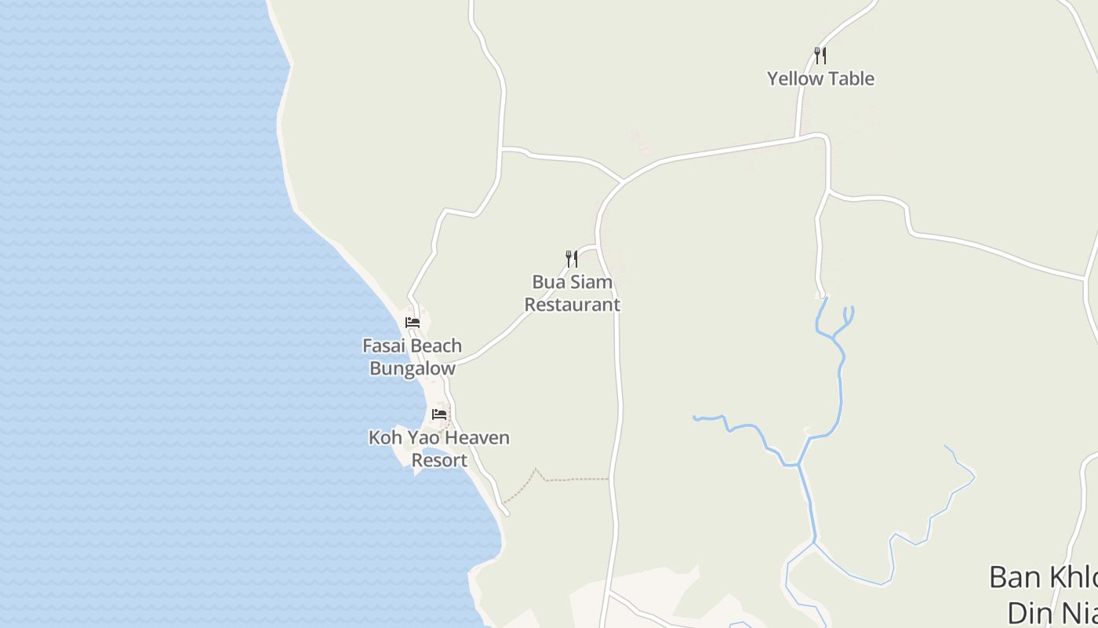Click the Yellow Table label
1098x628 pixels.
(x=820, y=78)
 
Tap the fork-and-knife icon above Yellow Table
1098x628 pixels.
(x=820, y=55)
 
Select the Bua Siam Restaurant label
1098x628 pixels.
(x=573, y=293)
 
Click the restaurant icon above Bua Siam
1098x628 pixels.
(x=573, y=258)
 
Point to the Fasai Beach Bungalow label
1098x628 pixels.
(x=413, y=357)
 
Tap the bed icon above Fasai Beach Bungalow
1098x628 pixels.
(x=413, y=322)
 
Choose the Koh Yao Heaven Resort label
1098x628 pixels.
(x=439, y=449)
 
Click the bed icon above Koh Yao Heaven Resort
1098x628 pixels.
(x=439, y=414)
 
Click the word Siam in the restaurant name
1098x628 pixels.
(x=593, y=282)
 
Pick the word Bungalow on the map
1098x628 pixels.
(x=413, y=369)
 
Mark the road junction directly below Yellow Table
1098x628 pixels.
(x=797, y=139)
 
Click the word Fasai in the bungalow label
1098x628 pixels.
(x=384, y=346)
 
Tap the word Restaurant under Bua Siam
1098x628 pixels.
(x=573, y=305)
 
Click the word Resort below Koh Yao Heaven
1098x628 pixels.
(x=439, y=461)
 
